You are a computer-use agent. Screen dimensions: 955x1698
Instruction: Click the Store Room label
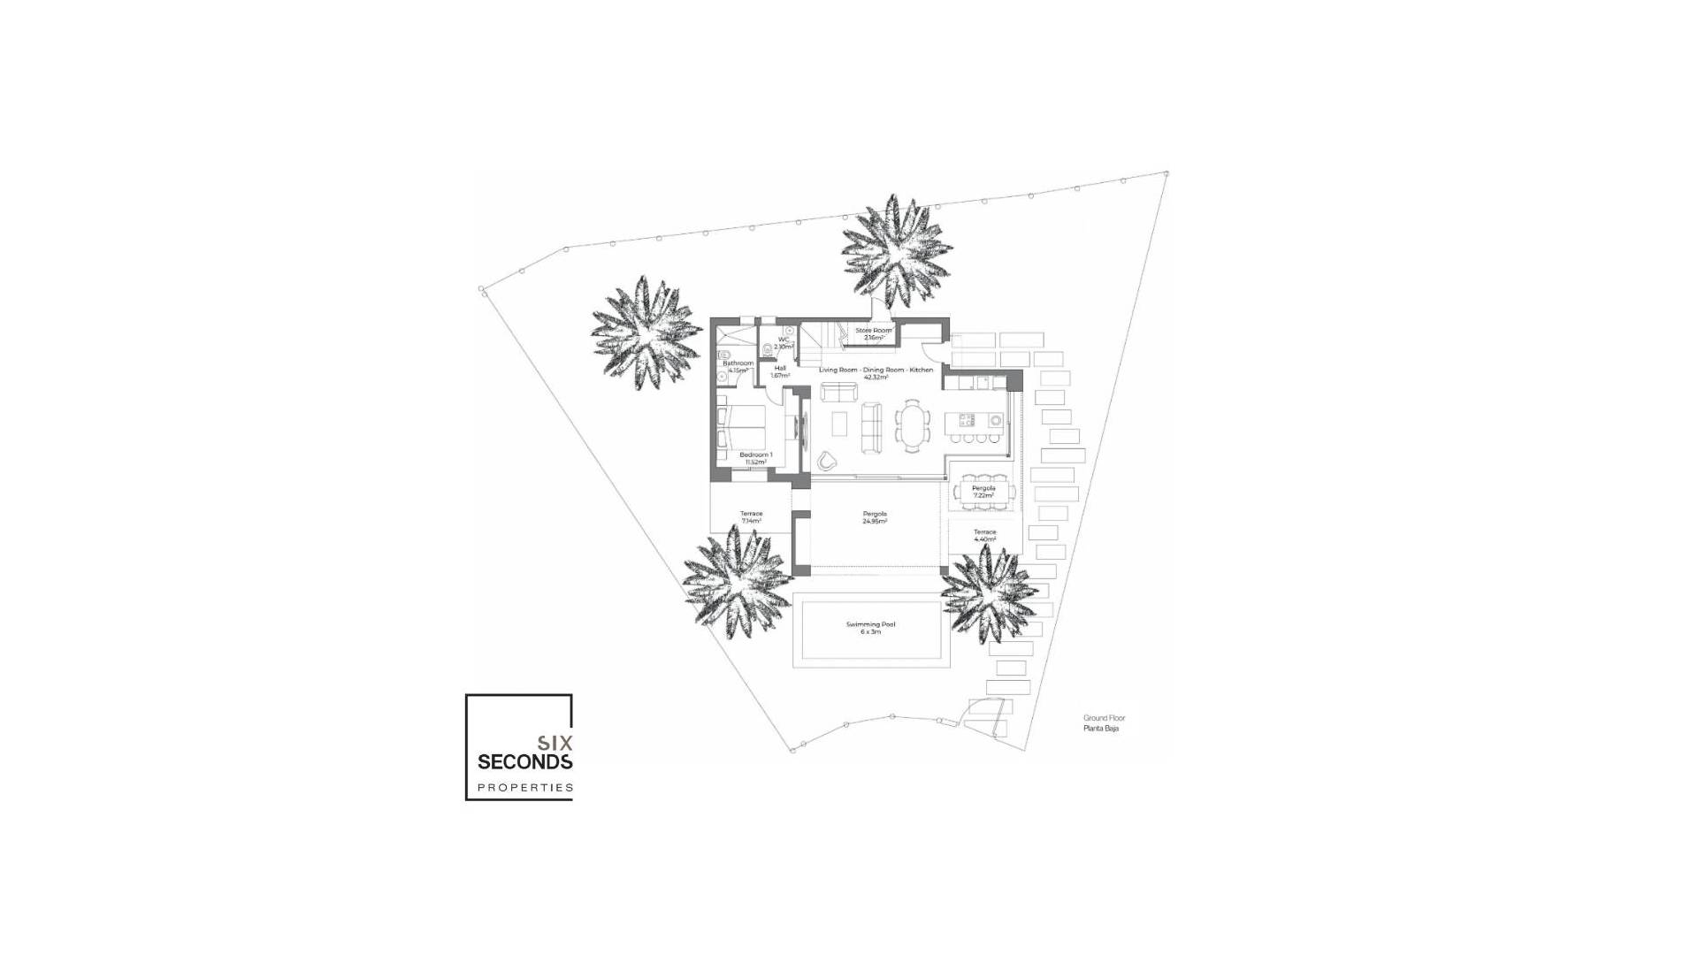(874, 334)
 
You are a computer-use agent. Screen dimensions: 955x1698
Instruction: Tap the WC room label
(784, 343)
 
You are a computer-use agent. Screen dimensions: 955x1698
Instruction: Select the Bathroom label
(738, 366)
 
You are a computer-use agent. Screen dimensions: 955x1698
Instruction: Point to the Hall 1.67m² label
(780, 372)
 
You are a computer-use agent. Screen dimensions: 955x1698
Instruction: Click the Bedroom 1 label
(755, 458)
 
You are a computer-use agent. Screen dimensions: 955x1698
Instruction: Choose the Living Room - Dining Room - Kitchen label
(876, 373)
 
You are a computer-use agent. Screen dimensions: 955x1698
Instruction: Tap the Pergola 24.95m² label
(875, 517)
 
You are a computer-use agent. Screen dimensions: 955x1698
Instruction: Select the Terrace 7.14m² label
(751, 517)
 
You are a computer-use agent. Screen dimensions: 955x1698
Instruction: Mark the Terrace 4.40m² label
(984, 535)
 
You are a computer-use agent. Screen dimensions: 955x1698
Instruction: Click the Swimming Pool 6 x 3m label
(870, 628)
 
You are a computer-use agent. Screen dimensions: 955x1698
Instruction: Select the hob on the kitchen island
(968, 420)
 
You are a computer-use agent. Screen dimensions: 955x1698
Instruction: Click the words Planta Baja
(1101, 729)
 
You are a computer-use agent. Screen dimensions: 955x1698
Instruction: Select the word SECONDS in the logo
(525, 761)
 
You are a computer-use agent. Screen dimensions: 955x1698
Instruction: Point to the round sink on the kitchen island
(996, 420)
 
